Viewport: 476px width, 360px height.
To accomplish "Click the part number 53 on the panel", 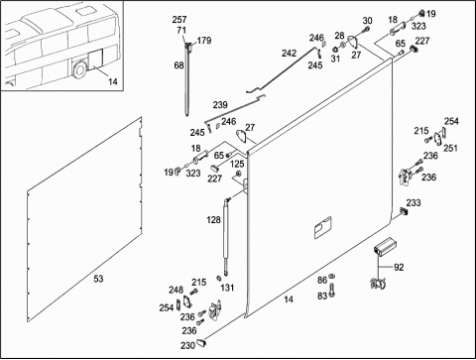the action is pos(98,279).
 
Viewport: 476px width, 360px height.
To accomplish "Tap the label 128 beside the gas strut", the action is pos(213,220).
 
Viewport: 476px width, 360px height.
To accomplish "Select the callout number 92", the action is pos(399,267).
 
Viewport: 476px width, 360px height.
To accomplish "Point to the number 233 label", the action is pos(414,202).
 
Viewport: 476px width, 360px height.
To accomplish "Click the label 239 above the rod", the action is pos(220,105).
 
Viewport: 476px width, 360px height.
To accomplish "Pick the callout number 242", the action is pos(289,53).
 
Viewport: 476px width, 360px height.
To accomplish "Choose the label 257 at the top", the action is pos(179,20).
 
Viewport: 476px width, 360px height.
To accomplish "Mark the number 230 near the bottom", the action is pos(187,346).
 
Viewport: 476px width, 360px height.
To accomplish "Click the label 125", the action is pos(237,164).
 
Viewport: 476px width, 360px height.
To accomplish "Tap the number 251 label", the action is pos(450,148).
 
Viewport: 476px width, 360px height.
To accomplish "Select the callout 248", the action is pos(176,290).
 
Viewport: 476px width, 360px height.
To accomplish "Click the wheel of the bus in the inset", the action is pos(79,69).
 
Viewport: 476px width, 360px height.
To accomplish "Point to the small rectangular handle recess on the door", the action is pos(322,227).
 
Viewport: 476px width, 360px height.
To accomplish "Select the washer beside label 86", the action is pos(332,277).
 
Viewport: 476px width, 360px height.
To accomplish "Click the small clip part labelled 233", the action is pos(403,211).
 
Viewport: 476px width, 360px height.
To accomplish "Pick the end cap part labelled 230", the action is pos(201,342).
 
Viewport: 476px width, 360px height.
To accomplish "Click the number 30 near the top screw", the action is pos(367,21).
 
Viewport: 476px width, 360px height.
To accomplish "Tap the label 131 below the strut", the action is pos(227,288).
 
